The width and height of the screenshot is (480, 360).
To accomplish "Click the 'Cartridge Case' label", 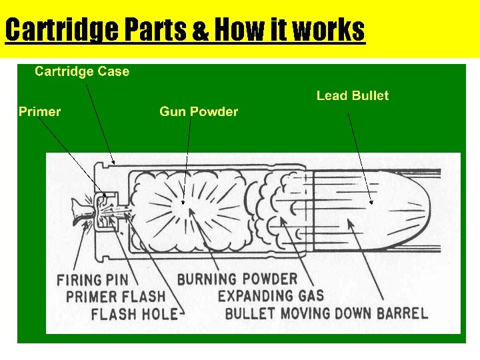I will pyautogui.click(x=82, y=71).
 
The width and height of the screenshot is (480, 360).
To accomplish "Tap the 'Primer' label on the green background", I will pyautogui.click(x=39, y=111).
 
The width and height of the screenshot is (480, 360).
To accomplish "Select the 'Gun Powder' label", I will pyautogui.click(x=199, y=111).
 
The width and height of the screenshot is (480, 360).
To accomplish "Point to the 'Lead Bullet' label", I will pyautogui.click(x=352, y=95).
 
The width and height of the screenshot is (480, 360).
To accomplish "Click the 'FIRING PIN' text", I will pyautogui.click(x=97, y=279).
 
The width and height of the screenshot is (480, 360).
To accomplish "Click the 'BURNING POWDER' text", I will pyautogui.click(x=237, y=279).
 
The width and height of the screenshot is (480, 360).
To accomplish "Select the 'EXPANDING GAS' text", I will pyautogui.click(x=271, y=296).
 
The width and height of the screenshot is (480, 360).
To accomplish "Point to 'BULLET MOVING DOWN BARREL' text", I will pyautogui.click(x=327, y=313).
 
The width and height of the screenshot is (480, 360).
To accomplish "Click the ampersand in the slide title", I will pyautogui.click(x=200, y=31).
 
